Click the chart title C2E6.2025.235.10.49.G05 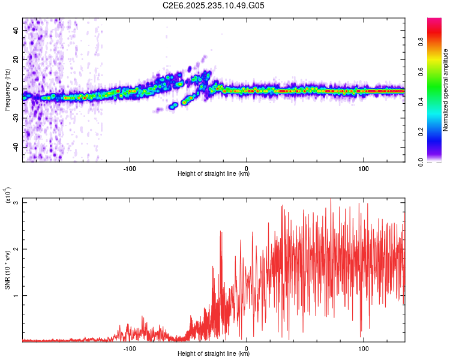pos(214,5)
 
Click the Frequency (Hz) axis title pos(7,89)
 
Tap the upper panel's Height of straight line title pos(214,174)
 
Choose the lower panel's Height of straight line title pos(214,354)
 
